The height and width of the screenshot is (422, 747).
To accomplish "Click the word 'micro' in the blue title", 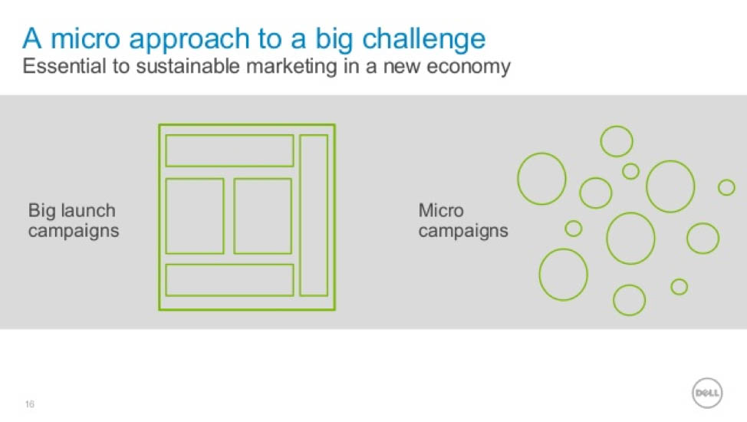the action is tap(85, 38).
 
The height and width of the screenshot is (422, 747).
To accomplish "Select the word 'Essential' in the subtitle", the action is tap(64, 66).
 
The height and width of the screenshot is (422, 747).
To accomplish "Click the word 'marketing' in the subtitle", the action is tap(291, 67).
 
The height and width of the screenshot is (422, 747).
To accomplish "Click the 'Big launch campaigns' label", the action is tap(74, 221).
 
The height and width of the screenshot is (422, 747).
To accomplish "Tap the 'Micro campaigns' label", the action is tap(463, 221).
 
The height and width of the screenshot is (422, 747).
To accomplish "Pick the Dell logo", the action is tap(707, 393).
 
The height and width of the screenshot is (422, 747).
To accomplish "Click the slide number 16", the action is tap(30, 404).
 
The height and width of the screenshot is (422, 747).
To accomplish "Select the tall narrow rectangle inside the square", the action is tap(301, 216).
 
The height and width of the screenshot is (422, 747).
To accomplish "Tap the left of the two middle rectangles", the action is tap(166, 216).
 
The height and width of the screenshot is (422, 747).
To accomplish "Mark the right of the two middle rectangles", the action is tap(235, 216).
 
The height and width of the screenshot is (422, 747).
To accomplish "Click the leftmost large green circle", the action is tap(518, 179).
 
